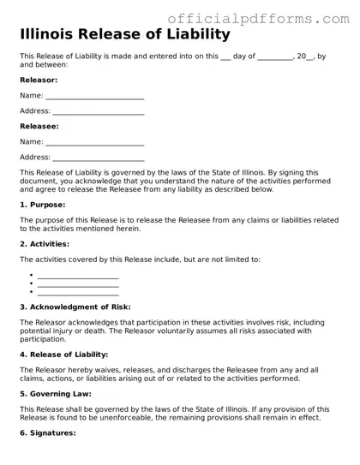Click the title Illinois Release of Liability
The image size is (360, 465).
[125, 35]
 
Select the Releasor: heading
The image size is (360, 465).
[39, 80]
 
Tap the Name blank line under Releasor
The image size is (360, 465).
[94, 97]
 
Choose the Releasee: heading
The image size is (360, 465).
[39, 126]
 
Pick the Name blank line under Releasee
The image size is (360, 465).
[94, 142]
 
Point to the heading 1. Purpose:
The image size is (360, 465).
[42, 206]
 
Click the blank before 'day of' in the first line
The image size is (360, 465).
[226, 57]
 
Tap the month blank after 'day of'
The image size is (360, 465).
[274, 57]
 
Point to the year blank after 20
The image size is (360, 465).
[313, 57]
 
